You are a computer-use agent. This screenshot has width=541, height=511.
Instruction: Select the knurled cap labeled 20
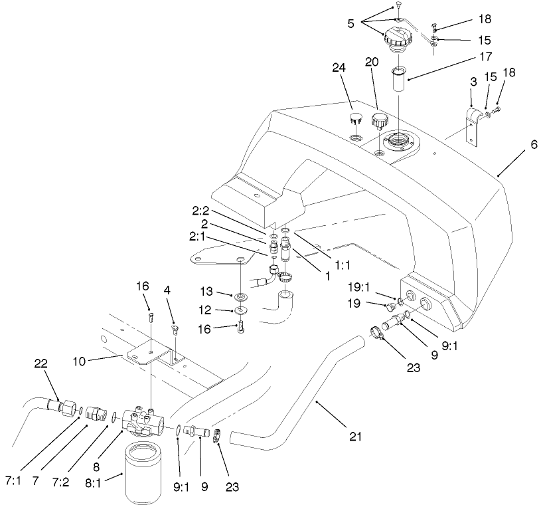[380, 122]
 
